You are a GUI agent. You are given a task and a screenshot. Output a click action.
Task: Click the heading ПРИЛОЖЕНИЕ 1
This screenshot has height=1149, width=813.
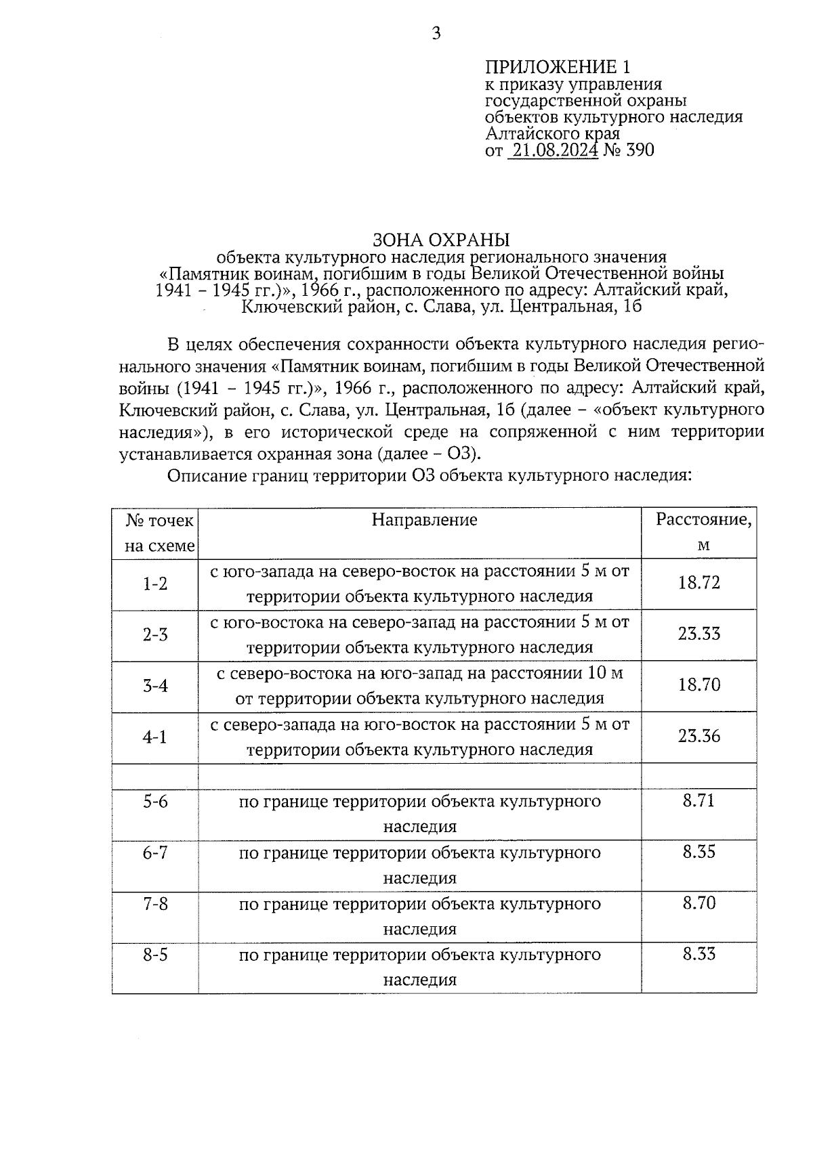[x=558, y=67]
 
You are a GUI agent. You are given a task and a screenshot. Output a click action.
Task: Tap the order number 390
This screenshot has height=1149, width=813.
[x=640, y=150]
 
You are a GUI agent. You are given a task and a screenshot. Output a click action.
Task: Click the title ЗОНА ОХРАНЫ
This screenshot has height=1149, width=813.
[x=440, y=240]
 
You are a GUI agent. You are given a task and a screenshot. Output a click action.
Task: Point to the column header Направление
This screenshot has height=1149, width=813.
[x=424, y=520]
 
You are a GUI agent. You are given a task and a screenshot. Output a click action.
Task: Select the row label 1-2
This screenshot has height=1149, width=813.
[x=155, y=584]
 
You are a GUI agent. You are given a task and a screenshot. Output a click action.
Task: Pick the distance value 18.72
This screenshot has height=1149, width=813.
[x=699, y=583]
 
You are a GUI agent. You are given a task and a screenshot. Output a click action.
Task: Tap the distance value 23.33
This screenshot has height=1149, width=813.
[x=699, y=634]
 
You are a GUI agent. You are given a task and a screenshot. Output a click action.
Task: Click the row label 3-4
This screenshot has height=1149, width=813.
[x=155, y=686]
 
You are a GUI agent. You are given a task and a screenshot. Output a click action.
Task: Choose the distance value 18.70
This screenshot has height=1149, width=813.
[x=699, y=685]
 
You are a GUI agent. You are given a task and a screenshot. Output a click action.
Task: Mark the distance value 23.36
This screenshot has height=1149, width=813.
[x=699, y=737]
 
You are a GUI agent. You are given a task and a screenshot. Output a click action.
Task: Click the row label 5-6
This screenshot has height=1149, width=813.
[x=155, y=802]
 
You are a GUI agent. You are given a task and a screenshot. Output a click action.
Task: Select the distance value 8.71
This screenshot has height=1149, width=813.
[x=699, y=801]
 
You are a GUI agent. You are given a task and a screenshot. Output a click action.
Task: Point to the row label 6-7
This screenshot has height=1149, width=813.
[x=155, y=853]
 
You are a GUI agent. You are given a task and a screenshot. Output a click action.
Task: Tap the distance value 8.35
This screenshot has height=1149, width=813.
[x=699, y=852]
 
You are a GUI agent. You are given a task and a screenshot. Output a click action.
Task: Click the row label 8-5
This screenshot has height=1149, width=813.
[x=155, y=955]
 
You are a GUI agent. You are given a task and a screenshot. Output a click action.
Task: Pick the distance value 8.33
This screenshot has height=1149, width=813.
[x=699, y=955]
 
